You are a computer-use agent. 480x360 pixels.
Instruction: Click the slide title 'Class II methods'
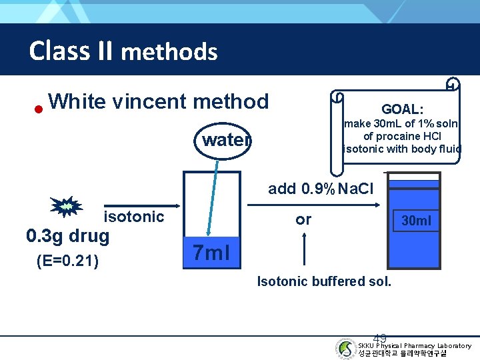tap(123, 51)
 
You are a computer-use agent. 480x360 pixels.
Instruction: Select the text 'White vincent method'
tap(159, 101)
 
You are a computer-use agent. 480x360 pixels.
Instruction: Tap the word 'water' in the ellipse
tap(226, 140)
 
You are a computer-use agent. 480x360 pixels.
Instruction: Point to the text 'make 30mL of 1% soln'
tap(401, 123)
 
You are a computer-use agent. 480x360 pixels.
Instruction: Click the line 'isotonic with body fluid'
tap(401, 149)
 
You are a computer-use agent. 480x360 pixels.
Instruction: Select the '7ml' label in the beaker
tap(211, 253)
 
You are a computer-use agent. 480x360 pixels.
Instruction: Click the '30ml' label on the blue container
tap(416, 220)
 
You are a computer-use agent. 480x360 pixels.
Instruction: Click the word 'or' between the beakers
tap(303, 219)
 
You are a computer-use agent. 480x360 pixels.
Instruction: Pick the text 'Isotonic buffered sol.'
tap(324, 281)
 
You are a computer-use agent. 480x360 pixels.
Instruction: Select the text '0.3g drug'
tap(67, 237)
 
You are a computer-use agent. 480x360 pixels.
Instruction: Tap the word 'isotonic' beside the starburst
tap(133, 216)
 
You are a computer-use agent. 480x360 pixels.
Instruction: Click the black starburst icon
tap(66, 208)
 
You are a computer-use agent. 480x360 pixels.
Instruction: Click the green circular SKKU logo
tap(345, 348)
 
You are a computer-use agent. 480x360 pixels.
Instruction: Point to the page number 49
tap(380, 338)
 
